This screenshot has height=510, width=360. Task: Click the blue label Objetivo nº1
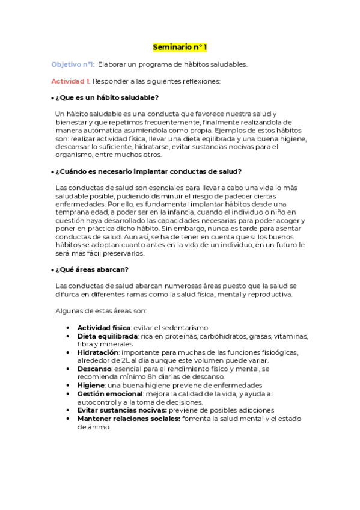[x=73, y=64]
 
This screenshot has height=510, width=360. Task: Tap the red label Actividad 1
[x=71, y=81]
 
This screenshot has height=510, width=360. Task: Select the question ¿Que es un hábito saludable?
[x=107, y=97]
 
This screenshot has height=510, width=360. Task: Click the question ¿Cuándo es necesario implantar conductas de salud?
[x=148, y=171]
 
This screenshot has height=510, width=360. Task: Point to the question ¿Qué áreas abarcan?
[x=92, y=269]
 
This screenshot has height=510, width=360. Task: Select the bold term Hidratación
[x=99, y=352]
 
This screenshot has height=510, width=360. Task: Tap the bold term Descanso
[x=95, y=368]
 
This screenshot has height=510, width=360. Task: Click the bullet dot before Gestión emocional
[x=73, y=393]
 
